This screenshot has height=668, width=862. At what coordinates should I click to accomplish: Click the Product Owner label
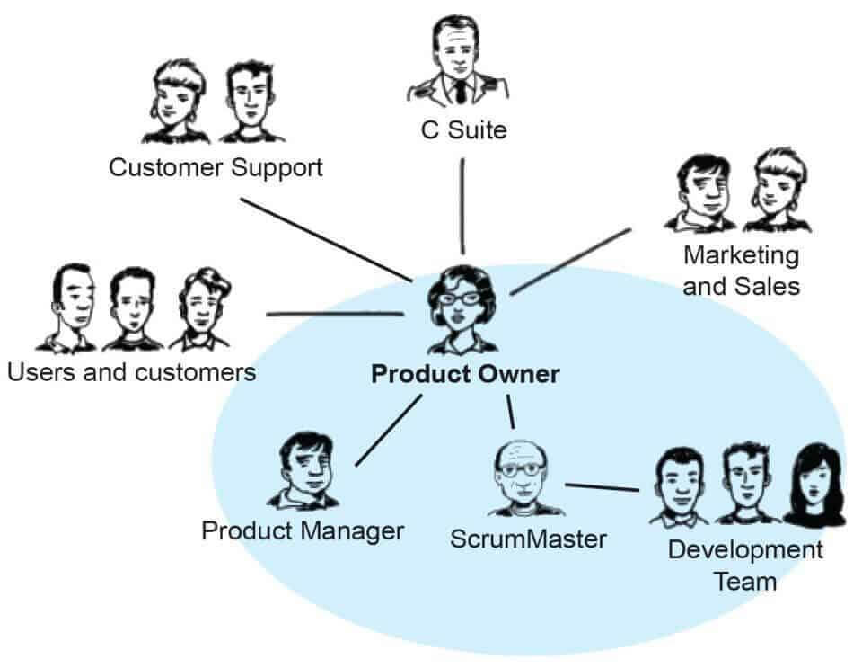click(465, 374)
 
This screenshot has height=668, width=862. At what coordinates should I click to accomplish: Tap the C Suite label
click(463, 130)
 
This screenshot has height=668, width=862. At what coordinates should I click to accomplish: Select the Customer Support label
click(215, 167)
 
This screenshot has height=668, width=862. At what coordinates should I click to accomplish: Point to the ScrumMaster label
click(528, 539)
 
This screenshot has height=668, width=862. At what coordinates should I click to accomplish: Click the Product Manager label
click(303, 530)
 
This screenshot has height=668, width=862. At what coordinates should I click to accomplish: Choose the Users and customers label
click(131, 371)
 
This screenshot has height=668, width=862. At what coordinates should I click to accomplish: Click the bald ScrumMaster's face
click(522, 471)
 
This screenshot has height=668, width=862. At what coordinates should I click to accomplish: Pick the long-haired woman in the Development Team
click(814, 485)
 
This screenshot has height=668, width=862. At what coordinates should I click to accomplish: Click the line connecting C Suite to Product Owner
click(462, 207)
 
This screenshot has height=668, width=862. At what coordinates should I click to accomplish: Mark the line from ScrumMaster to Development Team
click(602, 488)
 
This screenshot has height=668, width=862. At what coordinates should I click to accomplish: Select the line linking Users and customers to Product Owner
click(334, 314)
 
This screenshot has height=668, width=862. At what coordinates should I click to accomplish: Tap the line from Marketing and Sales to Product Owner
click(571, 261)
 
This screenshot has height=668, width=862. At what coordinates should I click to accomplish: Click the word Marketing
click(741, 254)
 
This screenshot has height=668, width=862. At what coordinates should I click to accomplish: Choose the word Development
click(745, 549)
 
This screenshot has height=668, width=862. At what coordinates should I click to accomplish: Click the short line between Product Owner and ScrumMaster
click(511, 413)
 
